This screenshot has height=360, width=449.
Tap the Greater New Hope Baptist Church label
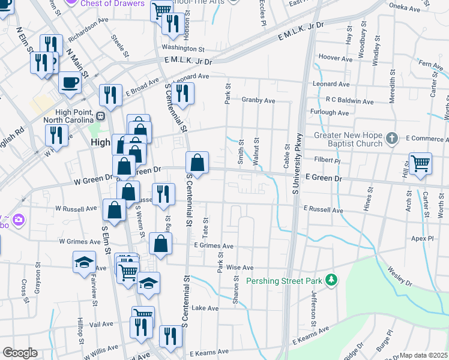pyautogui.click(x=348, y=139)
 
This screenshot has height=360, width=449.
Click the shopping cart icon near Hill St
pyautogui.click(x=420, y=163)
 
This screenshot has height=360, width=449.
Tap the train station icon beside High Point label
pyautogui.click(x=101, y=116)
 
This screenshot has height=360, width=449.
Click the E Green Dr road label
pyautogui.click(x=324, y=179)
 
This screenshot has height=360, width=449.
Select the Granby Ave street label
pyautogui.click(x=258, y=101)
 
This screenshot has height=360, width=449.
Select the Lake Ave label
pyautogui.click(x=205, y=308)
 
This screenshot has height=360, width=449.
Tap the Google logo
pyautogui.click(x=20, y=353)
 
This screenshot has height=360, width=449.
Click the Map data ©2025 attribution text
pyautogui.click(x=423, y=355)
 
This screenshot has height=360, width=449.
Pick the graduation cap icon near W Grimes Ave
pyautogui.click(x=84, y=262)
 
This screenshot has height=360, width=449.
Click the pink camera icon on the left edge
pyautogui.click(x=18, y=220)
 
